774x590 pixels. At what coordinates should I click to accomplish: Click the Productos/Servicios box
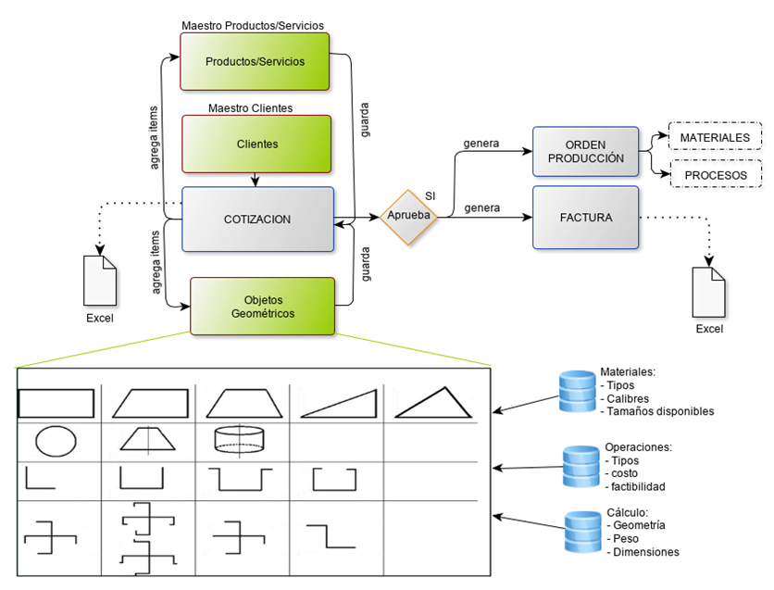pos(255,62)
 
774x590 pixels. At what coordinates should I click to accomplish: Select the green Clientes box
pos(256,144)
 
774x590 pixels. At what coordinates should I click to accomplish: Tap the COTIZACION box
pos(256,220)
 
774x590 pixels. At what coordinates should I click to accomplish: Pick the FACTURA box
pos(585,218)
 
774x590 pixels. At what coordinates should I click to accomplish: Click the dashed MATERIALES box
pos(714,137)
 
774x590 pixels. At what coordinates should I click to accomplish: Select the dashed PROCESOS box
pos(714,175)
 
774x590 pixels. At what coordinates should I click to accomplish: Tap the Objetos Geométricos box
pos(262,307)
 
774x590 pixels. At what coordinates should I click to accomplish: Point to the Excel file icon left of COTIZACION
pos(100,279)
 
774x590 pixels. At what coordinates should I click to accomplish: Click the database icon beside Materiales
pos(578,391)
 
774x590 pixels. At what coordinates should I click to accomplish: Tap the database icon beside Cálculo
pos(583,532)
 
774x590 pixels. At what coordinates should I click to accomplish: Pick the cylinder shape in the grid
pos(240,439)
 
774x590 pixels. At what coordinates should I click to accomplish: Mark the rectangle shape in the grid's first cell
pos(56,404)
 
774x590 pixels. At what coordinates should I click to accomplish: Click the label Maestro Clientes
pos(250,108)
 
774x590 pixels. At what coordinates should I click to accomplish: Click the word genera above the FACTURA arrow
pos(481,207)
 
